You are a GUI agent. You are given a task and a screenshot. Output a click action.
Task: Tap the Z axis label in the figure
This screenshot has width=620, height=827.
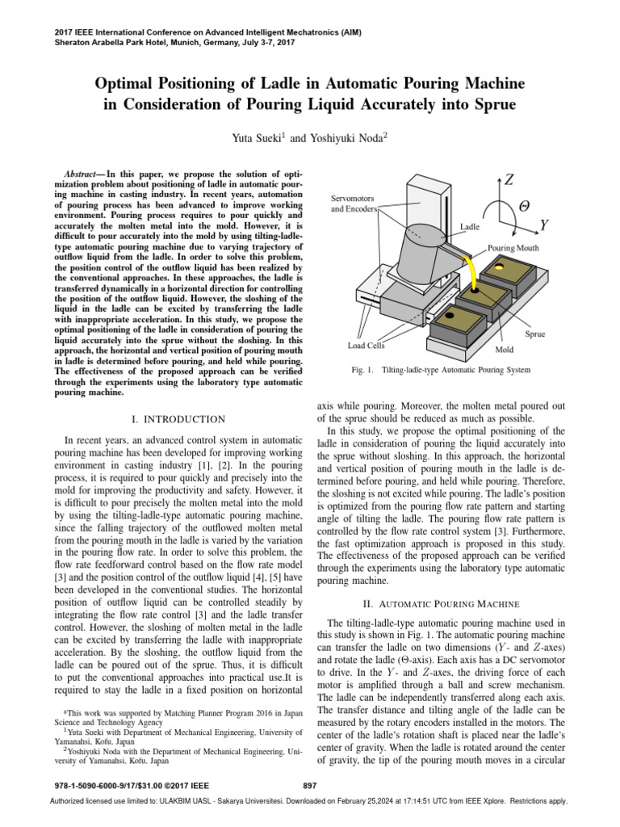coord(509,180)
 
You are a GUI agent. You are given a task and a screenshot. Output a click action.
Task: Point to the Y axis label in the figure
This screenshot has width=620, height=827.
coord(546,225)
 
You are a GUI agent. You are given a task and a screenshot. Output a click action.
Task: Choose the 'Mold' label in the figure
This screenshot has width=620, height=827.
coord(504,351)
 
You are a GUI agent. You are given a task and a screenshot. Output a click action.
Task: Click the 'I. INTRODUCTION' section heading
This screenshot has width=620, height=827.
coord(178,419)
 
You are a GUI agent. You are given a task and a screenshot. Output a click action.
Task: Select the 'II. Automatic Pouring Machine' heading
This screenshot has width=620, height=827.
coord(452,604)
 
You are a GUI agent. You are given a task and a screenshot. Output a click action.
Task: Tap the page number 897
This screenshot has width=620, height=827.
coord(309,786)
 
